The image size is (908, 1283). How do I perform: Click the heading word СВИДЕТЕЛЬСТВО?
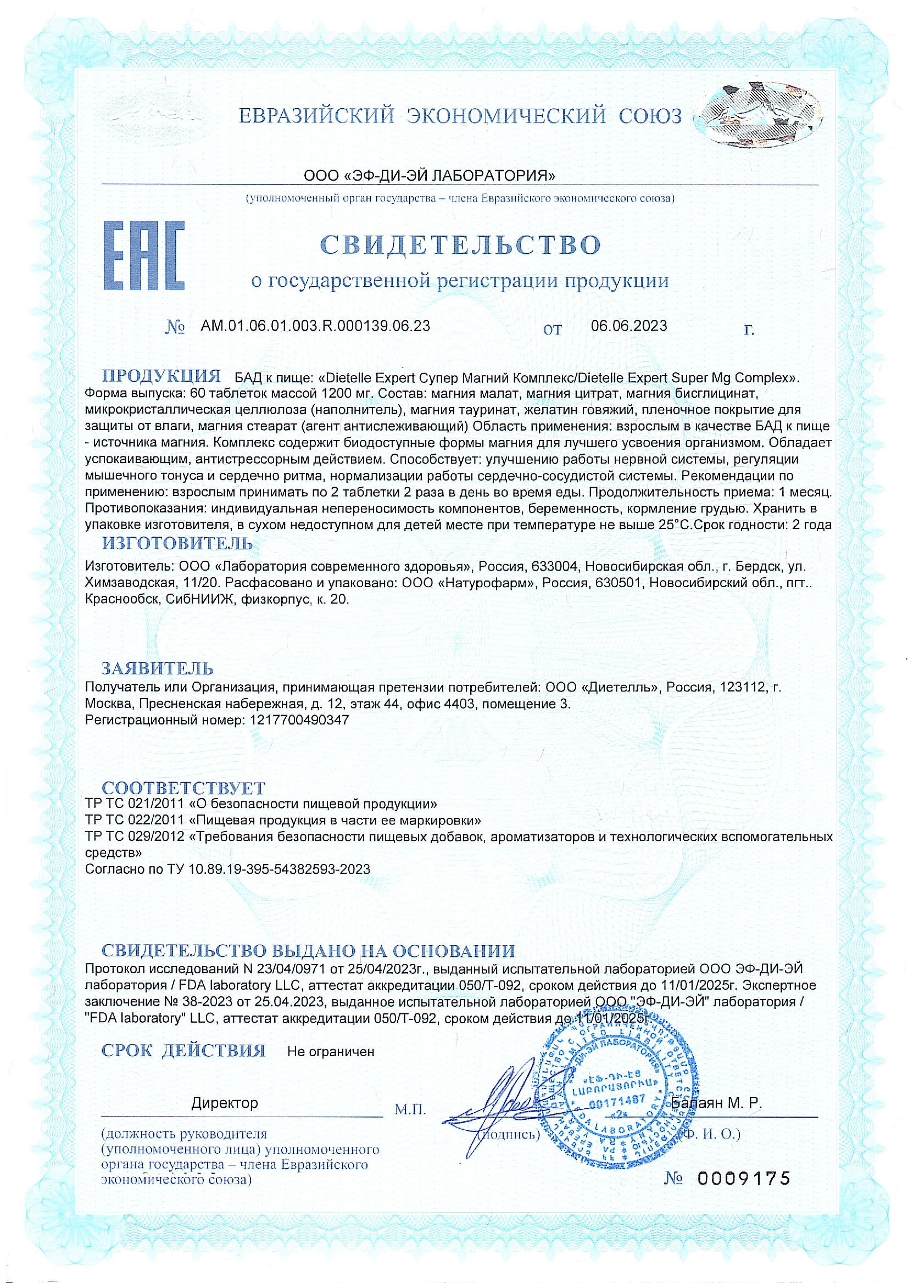pyautogui.click(x=460, y=244)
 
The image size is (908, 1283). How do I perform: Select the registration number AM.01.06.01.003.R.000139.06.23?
pyautogui.click(x=315, y=326)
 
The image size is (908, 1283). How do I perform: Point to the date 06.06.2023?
pyautogui.click(x=628, y=326)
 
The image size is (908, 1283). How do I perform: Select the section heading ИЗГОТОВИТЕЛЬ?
pyautogui.click(x=177, y=543)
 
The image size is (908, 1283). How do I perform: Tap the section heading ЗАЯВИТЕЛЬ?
pyautogui.click(x=157, y=668)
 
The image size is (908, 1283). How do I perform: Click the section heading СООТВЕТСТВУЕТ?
pyautogui.click(x=183, y=788)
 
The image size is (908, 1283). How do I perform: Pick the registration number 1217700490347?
pyautogui.click(x=297, y=720)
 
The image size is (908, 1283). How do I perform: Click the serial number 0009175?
pyautogui.click(x=744, y=1179)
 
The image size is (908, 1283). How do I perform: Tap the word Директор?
pyautogui.click(x=225, y=1103)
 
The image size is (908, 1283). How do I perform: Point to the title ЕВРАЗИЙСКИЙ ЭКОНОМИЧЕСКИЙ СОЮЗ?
pyautogui.click(x=460, y=116)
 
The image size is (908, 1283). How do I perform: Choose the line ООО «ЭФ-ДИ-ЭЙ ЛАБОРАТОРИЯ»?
pyautogui.click(x=430, y=176)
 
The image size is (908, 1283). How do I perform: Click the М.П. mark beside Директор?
pyautogui.click(x=410, y=1109)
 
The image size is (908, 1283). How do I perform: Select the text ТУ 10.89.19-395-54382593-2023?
pyautogui.click(x=269, y=869)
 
